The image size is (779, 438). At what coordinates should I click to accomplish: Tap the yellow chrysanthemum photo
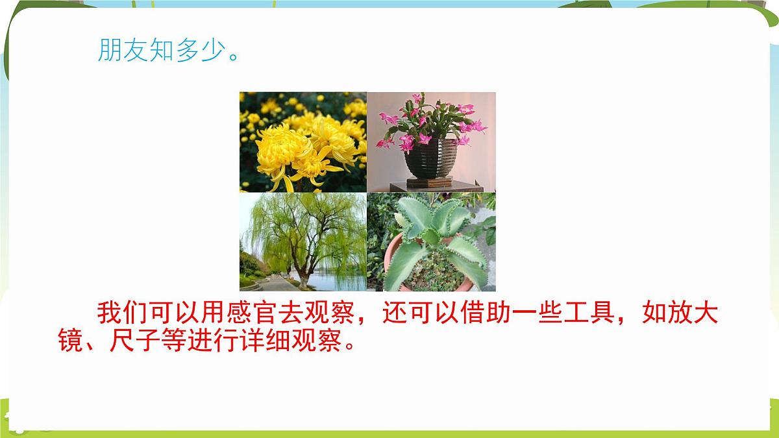(x=303, y=141)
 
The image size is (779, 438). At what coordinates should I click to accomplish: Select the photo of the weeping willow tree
(x=303, y=241)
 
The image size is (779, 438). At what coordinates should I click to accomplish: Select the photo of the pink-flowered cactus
(x=431, y=141)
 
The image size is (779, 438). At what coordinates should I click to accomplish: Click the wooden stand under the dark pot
(x=432, y=187)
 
